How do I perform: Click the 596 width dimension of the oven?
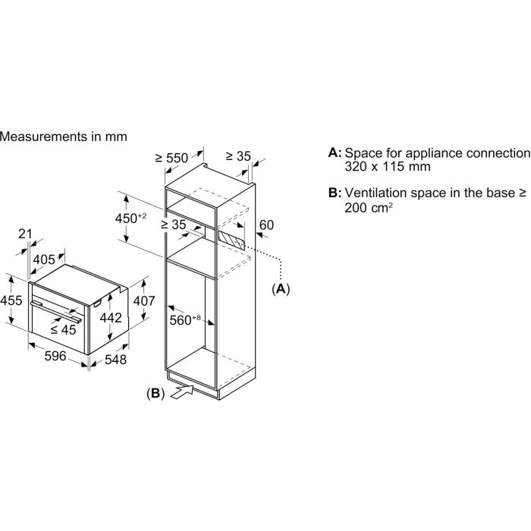[55, 356]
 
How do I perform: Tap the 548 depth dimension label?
[115, 360]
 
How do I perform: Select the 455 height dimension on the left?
[11, 300]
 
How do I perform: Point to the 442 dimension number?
[111, 318]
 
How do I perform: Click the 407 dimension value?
[144, 300]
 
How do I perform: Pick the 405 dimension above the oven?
[44, 259]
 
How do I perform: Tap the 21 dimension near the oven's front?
[25, 234]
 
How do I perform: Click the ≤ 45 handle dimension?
[63, 330]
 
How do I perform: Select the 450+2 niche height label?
[130, 218]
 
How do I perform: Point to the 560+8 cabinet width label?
[185, 320]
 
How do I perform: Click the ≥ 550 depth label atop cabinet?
[171, 158]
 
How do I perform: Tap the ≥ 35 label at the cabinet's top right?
[238, 156]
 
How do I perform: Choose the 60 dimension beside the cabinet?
[266, 225]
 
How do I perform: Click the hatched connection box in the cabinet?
[231, 240]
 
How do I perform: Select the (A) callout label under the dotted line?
[281, 289]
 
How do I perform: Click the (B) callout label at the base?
[156, 393]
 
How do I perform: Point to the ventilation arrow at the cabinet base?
[182, 392]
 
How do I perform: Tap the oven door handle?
[56, 310]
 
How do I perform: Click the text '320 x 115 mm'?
[388, 167]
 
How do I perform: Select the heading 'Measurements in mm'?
[63, 137]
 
